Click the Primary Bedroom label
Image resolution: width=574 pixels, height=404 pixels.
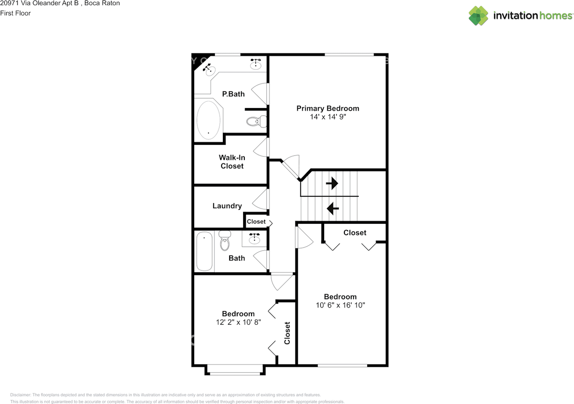point(328,109)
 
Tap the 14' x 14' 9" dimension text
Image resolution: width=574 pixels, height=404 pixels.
point(328,117)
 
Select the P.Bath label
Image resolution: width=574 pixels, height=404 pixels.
point(233,94)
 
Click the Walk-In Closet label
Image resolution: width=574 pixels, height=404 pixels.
point(232,162)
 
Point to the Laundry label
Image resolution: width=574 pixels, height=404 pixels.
point(227,206)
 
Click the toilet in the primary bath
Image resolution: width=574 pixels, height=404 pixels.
point(256,121)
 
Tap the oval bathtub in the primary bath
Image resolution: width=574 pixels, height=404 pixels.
point(209,120)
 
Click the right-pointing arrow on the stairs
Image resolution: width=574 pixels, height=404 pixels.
point(332,183)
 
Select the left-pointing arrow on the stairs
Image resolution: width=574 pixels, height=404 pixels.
point(333,208)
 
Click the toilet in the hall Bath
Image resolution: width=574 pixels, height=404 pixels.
point(225,240)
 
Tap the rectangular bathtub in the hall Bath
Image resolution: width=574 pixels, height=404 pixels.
point(204,251)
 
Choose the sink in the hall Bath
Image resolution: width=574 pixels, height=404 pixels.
point(254,239)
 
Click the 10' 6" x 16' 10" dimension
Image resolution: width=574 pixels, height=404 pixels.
point(340,305)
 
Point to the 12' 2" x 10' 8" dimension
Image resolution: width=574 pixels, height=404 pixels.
point(238,322)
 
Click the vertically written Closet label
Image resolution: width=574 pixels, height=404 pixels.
point(287,333)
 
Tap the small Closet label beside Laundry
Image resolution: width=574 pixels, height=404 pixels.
point(256,222)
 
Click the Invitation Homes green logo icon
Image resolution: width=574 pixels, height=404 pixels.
point(478,16)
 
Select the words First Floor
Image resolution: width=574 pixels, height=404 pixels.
point(15,13)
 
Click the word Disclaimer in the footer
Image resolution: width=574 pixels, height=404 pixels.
point(21,395)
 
